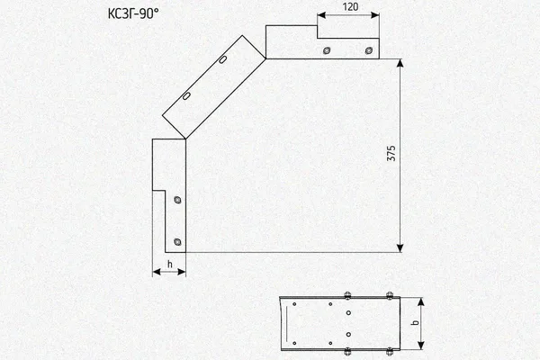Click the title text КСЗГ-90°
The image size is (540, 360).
click(x=133, y=13)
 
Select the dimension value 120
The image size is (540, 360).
click(x=350, y=7)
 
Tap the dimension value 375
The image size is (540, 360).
click(x=391, y=154)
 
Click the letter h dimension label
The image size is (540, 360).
click(x=169, y=265)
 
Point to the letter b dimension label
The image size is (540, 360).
click(x=415, y=322)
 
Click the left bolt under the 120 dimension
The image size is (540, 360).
click(x=327, y=50)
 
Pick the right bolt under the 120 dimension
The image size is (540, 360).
click(x=368, y=50)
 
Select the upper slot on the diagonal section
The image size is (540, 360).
click(x=223, y=59)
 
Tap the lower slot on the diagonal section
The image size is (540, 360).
click(x=186, y=96)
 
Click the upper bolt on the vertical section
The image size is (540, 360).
click(x=177, y=200)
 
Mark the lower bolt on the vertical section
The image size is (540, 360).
click(x=177, y=242)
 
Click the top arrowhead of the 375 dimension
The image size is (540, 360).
click(x=400, y=63)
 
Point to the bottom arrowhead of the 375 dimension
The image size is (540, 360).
click(x=400, y=248)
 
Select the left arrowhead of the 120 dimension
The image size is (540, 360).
click(x=321, y=15)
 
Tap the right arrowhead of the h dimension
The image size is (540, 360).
click(x=182, y=272)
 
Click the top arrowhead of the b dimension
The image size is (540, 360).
click(x=420, y=301)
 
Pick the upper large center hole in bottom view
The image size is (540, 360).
click(x=348, y=313)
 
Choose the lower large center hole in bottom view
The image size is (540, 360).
click(x=348, y=335)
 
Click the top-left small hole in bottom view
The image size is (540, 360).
click(x=294, y=304)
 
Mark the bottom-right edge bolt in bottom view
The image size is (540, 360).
click(x=390, y=351)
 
